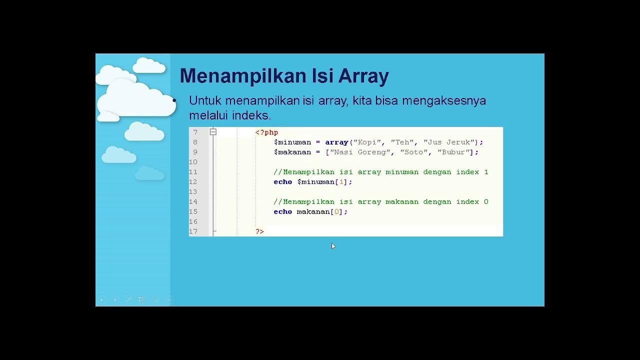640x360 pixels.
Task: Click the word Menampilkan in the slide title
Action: tap(242, 76)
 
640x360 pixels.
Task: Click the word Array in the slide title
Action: tap(363, 76)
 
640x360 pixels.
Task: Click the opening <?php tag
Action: tap(266, 132)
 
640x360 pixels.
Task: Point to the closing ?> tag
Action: tap(259, 231)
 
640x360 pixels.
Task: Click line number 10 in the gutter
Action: tap(193, 162)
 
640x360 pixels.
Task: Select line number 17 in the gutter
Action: tap(193, 231)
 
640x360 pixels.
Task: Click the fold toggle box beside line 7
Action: tap(213, 132)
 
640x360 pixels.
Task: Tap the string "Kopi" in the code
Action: tap(367, 142)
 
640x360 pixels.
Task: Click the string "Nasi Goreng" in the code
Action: tap(360, 152)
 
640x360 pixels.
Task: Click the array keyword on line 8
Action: tap(336, 142)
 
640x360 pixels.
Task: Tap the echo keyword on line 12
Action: tap(282, 182)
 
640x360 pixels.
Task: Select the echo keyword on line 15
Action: tap(282, 212)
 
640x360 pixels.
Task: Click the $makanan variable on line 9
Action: tap(292, 152)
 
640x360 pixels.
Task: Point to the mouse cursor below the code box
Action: tap(333, 246)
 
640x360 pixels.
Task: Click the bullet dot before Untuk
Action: tap(174, 101)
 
